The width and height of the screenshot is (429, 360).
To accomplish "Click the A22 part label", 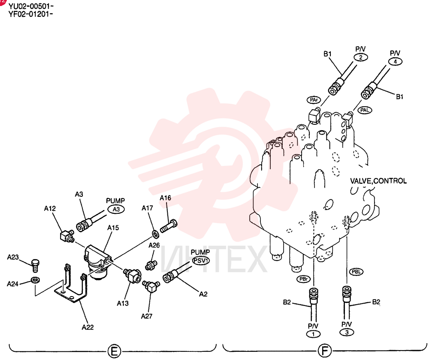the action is (88, 327).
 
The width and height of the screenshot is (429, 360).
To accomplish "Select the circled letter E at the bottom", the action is (114, 351).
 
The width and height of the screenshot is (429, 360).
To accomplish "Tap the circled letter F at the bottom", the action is (325, 351).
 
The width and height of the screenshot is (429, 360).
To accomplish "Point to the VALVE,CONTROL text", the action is (378, 181).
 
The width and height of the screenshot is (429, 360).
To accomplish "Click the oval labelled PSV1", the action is (201, 261).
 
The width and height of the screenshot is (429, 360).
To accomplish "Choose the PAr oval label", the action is (314, 100).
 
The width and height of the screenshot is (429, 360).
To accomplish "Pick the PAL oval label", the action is (365, 110).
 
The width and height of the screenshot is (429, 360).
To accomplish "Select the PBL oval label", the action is (356, 272).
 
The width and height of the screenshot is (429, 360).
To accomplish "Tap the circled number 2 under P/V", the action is (361, 57).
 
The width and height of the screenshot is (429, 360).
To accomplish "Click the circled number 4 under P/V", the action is (395, 62).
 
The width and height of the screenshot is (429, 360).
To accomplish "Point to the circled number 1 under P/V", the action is (313, 334).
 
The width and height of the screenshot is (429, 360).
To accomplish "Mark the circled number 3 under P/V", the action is (347, 332).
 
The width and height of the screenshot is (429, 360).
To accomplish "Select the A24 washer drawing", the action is (35, 280).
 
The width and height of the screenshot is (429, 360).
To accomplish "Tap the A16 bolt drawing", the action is (168, 226).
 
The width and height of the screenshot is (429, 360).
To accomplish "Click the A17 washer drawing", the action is (156, 234).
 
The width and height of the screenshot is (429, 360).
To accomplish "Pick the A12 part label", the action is (50, 209).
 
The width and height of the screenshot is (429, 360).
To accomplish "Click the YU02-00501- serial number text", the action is (31, 6).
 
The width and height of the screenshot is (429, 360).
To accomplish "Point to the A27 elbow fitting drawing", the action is (151, 286).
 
